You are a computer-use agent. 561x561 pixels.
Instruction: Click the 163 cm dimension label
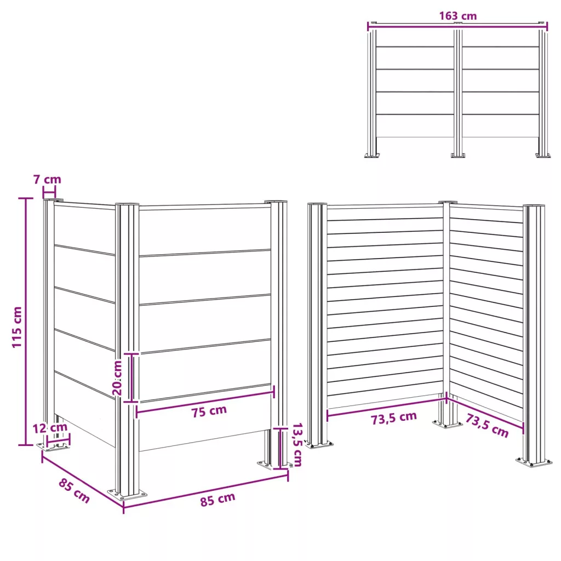pos(457,16)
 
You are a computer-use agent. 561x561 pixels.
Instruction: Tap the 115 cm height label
pos(17,327)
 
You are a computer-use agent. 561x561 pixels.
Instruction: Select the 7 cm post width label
pos(47,179)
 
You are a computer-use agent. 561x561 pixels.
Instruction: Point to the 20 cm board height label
pos(117,377)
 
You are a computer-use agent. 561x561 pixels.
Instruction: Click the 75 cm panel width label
pos(209,411)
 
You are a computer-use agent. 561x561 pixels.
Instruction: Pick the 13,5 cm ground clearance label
pos(297,444)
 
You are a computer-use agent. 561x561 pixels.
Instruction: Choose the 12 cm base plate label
pos(50,427)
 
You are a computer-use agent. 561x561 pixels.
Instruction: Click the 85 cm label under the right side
pos(217,500)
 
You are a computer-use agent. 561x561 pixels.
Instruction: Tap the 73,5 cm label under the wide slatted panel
pos(393,418)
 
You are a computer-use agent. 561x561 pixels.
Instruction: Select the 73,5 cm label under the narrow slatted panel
pos(487,425)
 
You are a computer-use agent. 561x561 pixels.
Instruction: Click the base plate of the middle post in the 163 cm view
pos(458,155)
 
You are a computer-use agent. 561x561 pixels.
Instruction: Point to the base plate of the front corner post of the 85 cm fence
pos(127,495)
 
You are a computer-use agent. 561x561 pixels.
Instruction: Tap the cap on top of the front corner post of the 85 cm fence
pos(127,204)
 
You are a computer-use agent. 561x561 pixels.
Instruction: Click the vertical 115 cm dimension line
pos(25,322)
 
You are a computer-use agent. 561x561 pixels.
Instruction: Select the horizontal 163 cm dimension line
pos(457,24)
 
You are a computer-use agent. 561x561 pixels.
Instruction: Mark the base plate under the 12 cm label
pos(53,446)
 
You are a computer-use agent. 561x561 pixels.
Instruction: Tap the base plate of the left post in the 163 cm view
pos(372,155)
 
